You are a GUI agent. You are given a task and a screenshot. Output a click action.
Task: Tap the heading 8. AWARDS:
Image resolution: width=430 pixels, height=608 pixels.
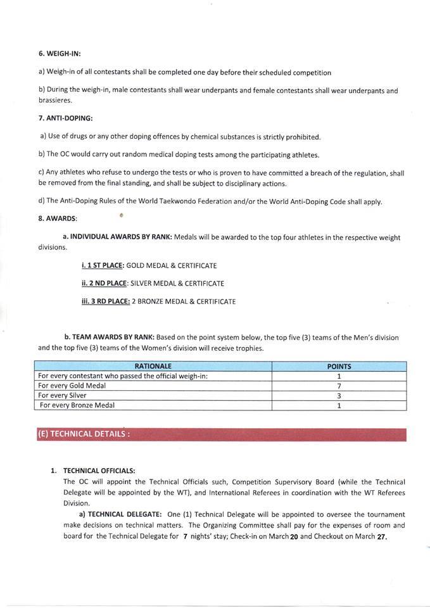57,218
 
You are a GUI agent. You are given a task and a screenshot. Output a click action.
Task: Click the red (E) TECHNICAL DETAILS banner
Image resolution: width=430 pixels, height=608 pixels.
220,434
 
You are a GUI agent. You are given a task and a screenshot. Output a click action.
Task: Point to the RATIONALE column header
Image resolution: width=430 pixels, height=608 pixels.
153,366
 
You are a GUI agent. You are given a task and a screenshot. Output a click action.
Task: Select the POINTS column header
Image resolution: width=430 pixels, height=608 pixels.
339,366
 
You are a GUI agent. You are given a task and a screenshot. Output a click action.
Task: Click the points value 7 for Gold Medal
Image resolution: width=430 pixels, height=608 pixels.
339,386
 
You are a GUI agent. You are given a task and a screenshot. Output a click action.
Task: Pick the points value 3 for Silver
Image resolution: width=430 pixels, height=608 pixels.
339,395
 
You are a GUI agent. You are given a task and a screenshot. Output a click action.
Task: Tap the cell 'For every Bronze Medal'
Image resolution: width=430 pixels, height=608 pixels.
77,405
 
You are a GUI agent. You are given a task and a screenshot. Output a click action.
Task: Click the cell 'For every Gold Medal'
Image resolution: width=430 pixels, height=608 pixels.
73,386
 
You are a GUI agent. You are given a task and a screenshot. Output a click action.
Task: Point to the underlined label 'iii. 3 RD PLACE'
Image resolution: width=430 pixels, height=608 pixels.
105,301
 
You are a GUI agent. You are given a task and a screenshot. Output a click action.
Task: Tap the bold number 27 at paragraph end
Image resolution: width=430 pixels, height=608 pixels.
380,537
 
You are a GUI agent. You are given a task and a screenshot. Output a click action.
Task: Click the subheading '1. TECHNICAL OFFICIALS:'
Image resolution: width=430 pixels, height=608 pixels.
99,471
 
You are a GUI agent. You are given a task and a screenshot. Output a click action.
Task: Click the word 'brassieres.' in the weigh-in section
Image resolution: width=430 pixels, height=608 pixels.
55,100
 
